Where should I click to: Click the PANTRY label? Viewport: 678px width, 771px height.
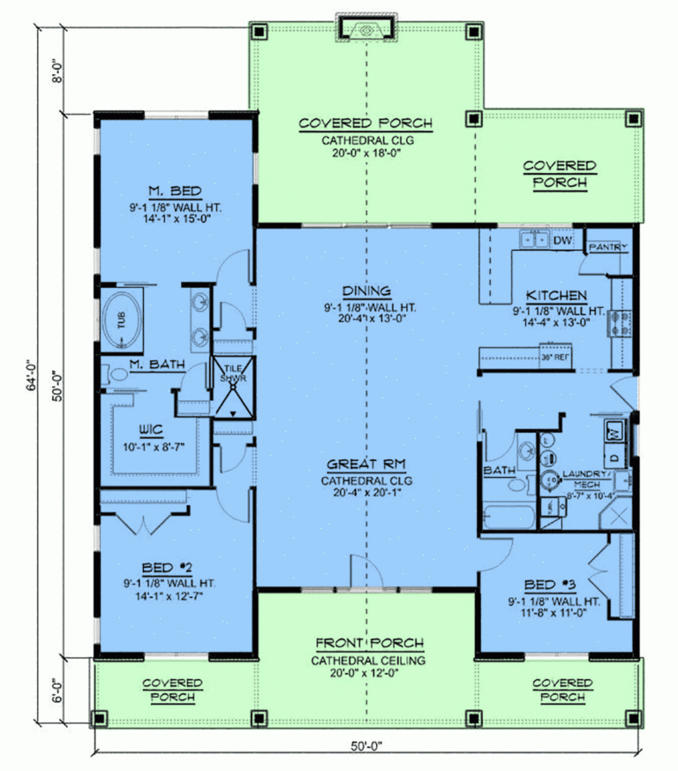point(608,246)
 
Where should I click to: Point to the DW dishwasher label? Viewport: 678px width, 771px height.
point(561,240)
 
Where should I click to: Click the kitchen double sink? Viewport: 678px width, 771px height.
point(533,238)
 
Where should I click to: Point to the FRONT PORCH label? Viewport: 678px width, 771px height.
point(369,644)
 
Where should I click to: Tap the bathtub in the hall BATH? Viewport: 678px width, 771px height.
point(507,517)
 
